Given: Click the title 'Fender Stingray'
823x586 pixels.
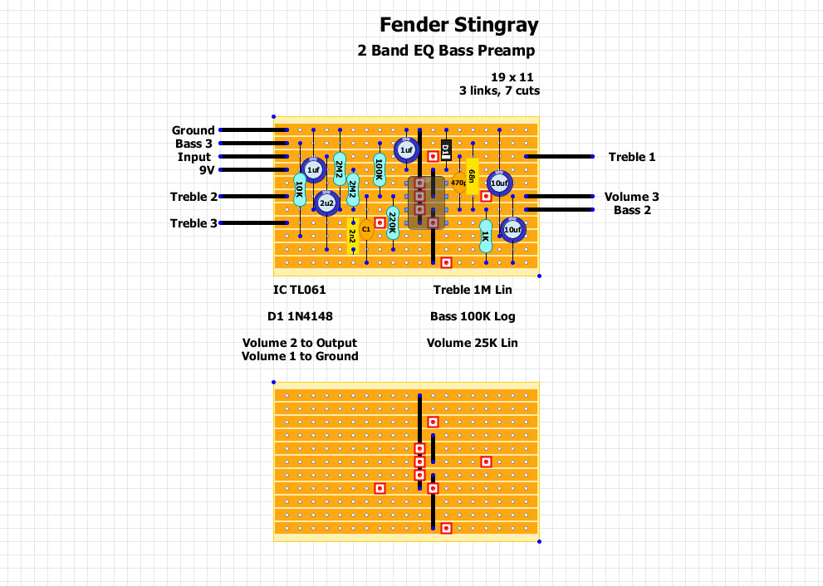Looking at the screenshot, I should click(458, 25).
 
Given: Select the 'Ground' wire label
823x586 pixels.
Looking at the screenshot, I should click(193, 130).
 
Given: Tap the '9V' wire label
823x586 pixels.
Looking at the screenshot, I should click(207, 170).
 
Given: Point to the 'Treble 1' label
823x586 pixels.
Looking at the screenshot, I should click(631, 157).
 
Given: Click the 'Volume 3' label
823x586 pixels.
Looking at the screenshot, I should click(631, 197).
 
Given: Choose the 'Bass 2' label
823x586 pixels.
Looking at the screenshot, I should click(632, 210).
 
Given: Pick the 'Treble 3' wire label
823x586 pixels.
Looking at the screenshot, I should click(194, 223).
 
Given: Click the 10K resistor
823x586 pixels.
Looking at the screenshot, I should click(300, 190).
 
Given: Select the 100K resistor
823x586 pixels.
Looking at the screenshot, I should click(380, 168).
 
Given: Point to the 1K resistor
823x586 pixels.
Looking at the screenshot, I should click(486, 236).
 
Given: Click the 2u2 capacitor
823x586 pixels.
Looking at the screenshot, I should click(326, 203).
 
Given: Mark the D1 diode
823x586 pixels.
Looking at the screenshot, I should click(446, 150).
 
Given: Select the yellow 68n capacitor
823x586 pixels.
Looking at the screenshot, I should click(473, 176).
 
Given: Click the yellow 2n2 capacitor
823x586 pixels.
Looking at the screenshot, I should click(353, 234).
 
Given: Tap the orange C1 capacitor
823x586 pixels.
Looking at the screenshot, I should click(365, 228).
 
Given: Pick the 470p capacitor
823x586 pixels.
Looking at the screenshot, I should click(458, 183).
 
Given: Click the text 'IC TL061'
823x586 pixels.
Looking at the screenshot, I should click(299, 290).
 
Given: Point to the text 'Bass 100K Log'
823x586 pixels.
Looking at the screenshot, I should click(473, 316).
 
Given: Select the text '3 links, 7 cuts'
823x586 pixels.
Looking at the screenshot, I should click(498, 90).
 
